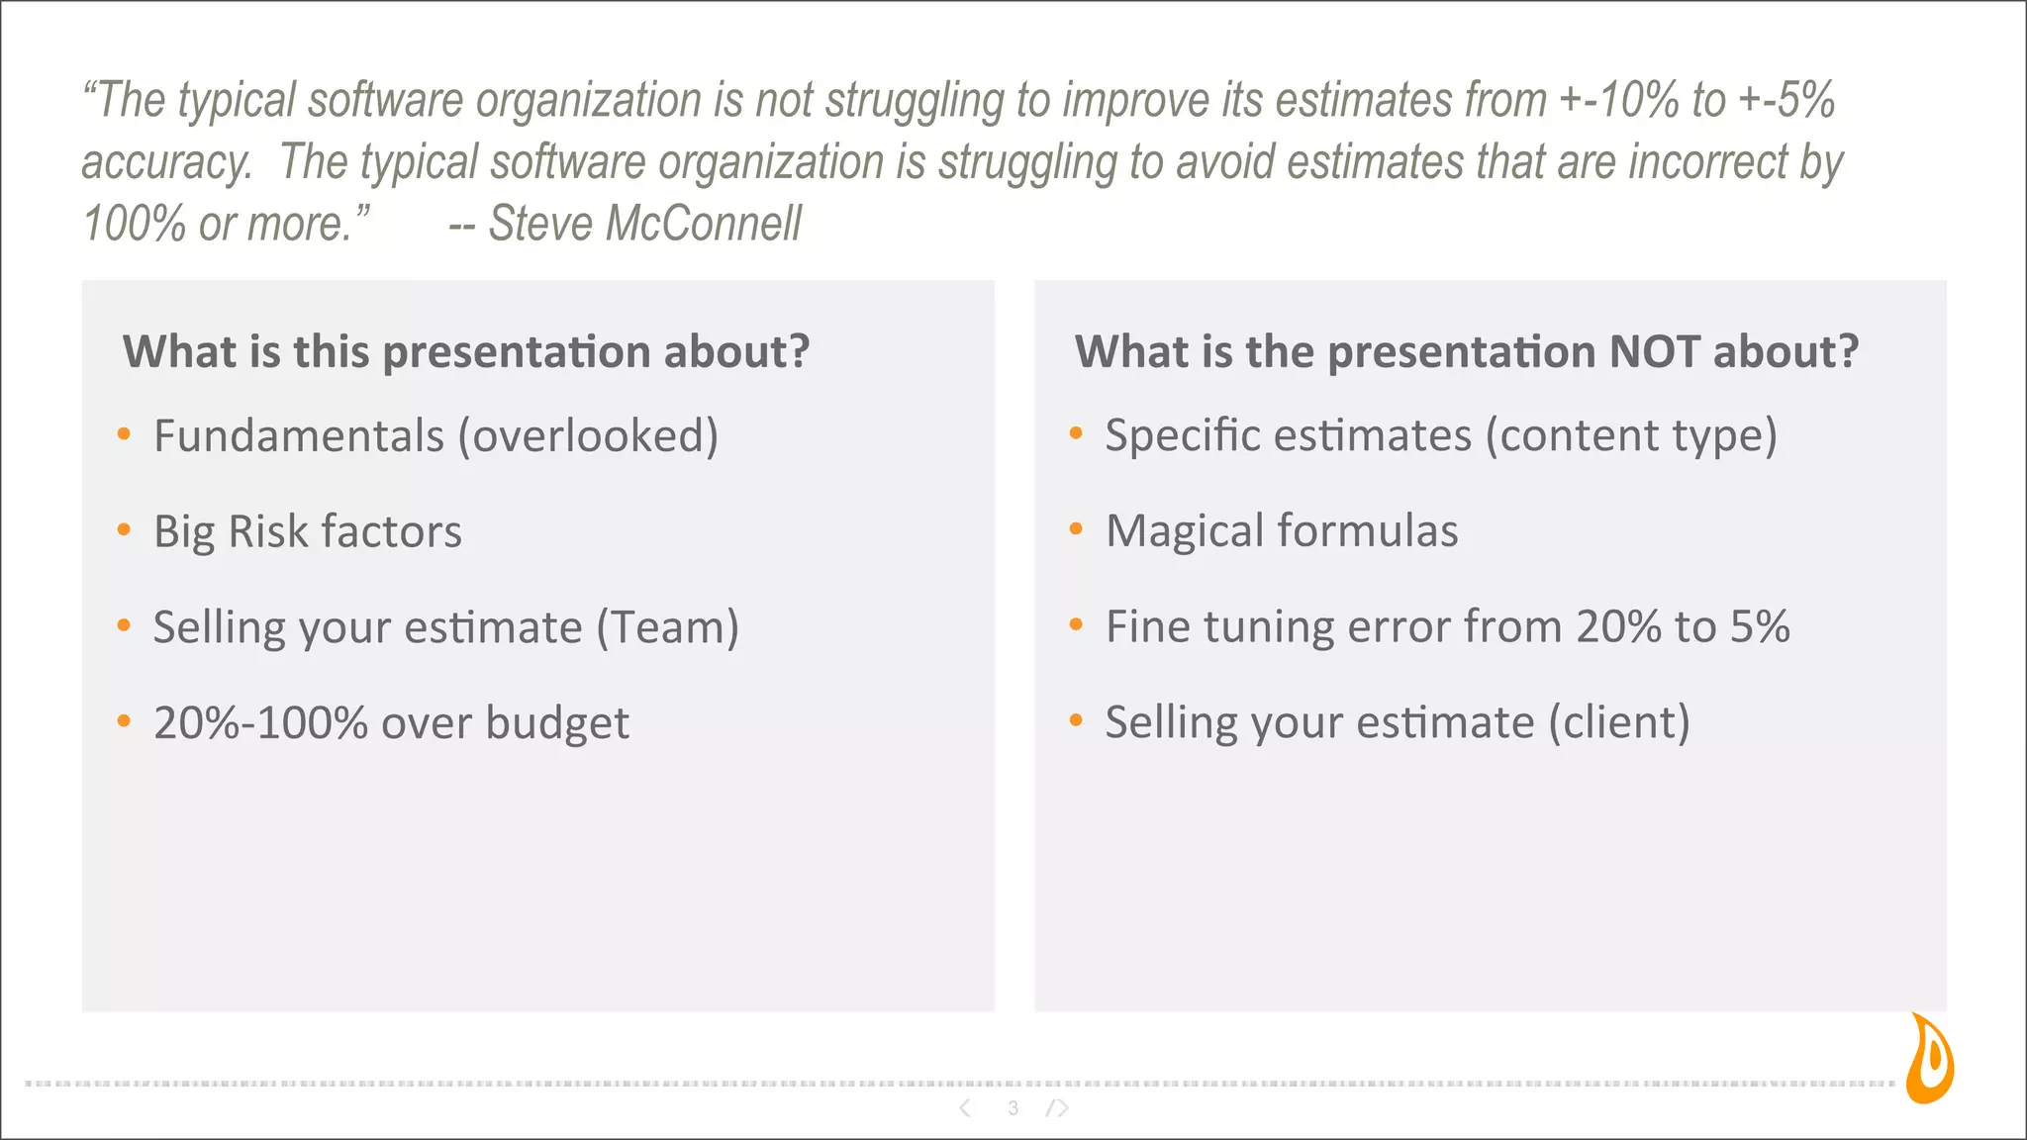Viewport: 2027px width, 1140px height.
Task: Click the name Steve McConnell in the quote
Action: tap(644, 224)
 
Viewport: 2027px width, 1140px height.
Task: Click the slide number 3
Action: tap(1013, 1108)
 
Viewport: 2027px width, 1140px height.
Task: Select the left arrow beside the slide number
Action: tap(965, 1108)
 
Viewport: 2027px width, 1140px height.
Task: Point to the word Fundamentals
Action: tap(299, 436)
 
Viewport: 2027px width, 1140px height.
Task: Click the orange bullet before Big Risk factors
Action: tap(124, 530)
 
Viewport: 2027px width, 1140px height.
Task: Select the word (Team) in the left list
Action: tap(667, 627)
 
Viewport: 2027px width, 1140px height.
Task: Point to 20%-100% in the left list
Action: tap(261, 723)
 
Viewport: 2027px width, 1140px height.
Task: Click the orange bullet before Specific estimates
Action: tap(1076, 433)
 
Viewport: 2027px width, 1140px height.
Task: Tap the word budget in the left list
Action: tap(557, 723)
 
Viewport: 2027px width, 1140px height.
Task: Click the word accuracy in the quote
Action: tap(166, 162)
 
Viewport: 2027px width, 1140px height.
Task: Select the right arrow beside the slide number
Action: tap(1059, 1108)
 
